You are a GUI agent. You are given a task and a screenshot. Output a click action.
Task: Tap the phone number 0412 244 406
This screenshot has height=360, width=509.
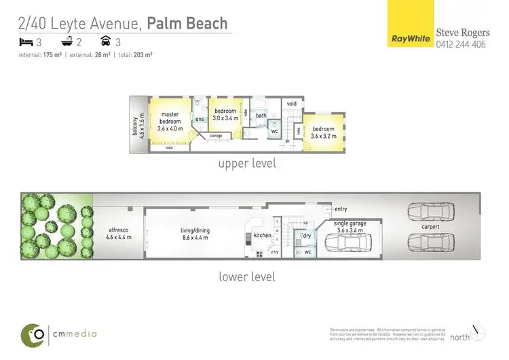tap(461, 45)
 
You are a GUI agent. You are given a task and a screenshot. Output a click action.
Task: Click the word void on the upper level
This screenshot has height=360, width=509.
tap(292, 104)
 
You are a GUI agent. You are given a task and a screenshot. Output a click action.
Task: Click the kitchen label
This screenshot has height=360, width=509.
tap(263, 235)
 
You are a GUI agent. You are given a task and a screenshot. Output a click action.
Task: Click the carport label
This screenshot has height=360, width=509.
tap(430, 227)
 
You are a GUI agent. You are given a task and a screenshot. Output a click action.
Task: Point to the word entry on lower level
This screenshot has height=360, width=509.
tap(341, 209)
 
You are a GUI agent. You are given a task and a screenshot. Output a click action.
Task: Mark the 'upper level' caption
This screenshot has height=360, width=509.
tap(246, 164)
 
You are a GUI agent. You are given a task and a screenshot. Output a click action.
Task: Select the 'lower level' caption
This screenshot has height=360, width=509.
tap(246, 276)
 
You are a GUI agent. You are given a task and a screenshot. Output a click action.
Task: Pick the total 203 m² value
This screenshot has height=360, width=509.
tap(143, 55)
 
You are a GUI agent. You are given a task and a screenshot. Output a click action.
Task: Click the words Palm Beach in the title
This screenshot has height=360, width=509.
tap(188, 24)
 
